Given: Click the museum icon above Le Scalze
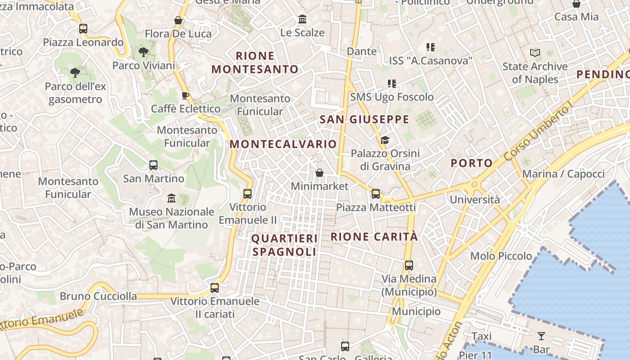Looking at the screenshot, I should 302,19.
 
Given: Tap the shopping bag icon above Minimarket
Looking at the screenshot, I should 319,173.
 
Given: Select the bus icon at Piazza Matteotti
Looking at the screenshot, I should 376,194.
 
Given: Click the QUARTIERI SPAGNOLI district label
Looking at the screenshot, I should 284,245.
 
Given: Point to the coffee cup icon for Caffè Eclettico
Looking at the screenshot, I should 185,95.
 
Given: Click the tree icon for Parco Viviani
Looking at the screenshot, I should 144,52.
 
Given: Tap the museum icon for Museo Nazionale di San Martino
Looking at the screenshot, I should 171,198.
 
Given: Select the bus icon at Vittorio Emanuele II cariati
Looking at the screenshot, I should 215,288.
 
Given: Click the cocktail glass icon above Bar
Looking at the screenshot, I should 541,336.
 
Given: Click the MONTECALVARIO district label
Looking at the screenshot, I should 283,144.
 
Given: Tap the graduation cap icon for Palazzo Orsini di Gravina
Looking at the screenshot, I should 384,140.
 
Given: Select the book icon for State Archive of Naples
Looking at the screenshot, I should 535,53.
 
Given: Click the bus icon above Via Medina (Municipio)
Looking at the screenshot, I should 409,265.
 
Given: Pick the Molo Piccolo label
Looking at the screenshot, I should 501,256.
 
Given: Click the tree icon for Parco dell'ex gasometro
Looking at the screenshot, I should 75,72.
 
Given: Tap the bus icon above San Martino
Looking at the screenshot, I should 153,165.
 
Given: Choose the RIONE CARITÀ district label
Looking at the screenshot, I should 374,237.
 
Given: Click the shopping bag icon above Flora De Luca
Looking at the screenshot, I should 178,20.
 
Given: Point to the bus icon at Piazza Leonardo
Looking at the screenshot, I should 83,29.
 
